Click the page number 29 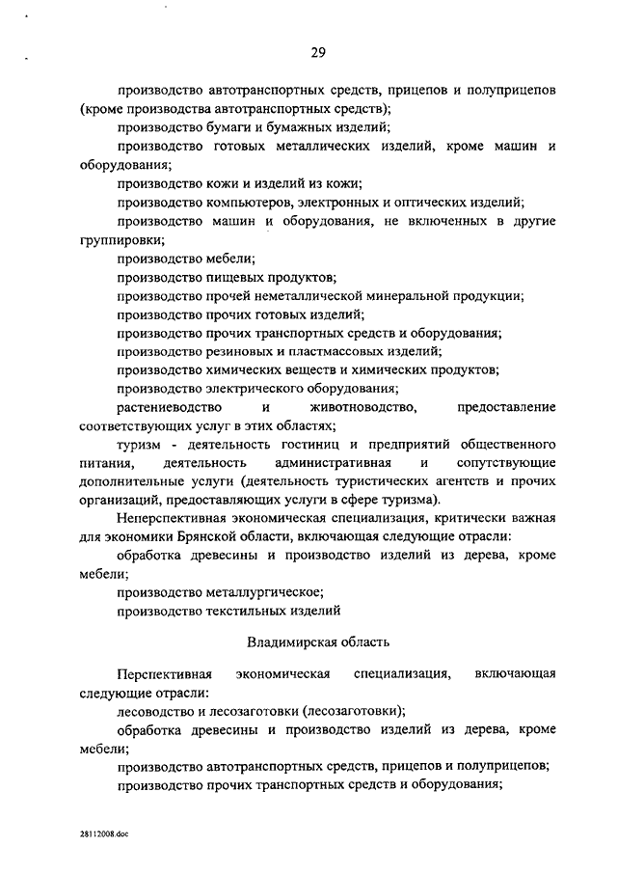pos(318,52)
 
